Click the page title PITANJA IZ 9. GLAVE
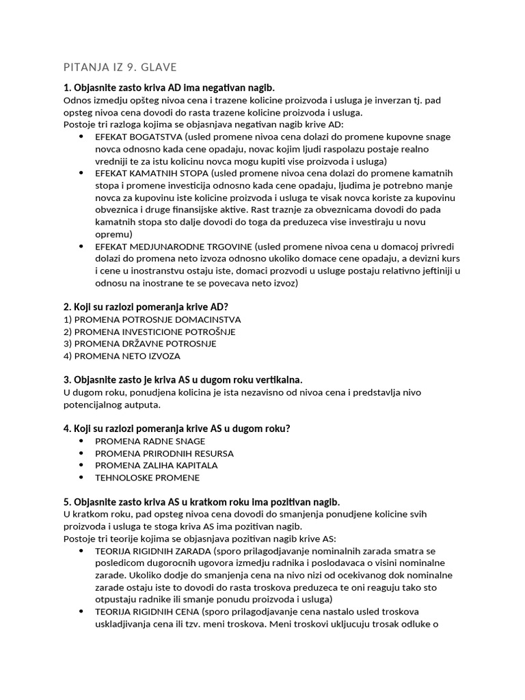120,67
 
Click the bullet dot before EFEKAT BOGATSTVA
81,136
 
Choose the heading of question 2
145,307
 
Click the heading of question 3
183,379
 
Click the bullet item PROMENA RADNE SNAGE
150,441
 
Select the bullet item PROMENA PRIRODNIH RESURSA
164,453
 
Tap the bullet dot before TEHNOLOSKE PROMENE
81,477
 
